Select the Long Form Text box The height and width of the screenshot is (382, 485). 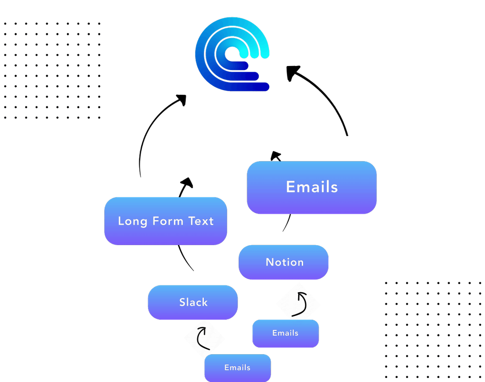[165, 221]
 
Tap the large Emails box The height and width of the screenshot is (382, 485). [312, 187]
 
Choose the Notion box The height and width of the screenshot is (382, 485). [284, 262]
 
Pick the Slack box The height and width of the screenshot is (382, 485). [193, 302]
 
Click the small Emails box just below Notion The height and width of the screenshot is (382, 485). [285, 333]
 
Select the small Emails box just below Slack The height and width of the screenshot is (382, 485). [237, 368]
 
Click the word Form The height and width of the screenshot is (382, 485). [167, 221]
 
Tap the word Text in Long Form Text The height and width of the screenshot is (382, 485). [201, 221]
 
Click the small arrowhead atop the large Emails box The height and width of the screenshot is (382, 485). [276, 156]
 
